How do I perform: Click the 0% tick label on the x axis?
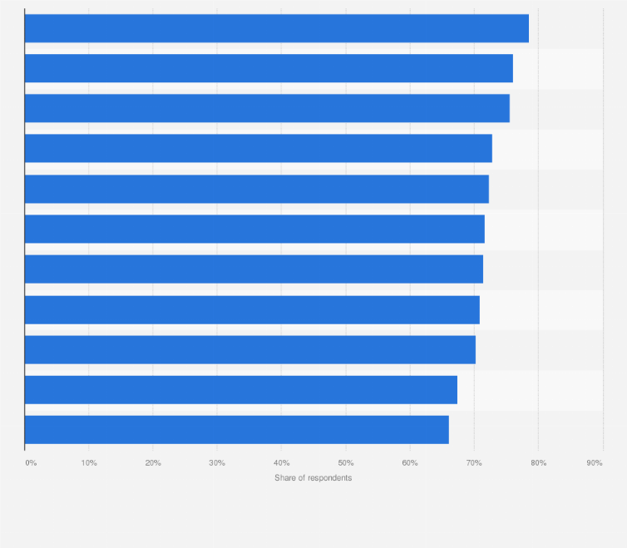(x=31, y=462)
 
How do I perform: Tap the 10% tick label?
(x=89, y=462)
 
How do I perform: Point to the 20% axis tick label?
(x=153, y=462)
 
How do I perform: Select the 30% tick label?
(x=217, y=462)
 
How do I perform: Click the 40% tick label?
(x=281, y=462)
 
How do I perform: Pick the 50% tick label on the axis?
(x=346, y=462)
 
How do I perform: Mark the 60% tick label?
(x=410, y=462)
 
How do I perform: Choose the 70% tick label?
(x=474, y=462)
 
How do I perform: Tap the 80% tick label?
(x=538, y=462)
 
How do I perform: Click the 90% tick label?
(x=595, y=462)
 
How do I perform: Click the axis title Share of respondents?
(x=313, y=477)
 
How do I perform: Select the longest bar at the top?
(x=276, y=28)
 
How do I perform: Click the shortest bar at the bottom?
(x=236, y=429)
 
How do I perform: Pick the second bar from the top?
(x=269, y=68)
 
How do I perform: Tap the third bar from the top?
(x=267, y=108)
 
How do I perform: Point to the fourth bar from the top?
(x=258, y=148)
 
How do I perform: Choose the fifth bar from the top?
(x=256, y=189)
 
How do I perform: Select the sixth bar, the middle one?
(x=254, y=229)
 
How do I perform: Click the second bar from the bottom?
(x=240, y=389)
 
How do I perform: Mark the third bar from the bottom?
(x=249, y=349)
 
